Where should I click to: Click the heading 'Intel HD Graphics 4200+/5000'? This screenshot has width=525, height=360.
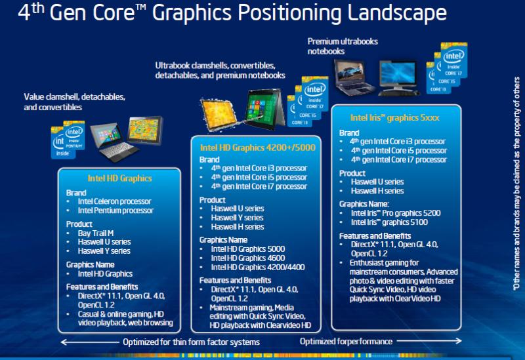258,148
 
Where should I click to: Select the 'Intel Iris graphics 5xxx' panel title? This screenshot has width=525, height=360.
395,118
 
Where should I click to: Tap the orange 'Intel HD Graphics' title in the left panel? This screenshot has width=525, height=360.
119,178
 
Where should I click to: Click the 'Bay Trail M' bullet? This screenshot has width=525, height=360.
96,233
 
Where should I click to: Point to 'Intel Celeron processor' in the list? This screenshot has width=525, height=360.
114,201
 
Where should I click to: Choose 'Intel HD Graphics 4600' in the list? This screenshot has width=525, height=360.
248,258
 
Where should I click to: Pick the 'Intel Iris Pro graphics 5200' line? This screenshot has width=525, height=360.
396,213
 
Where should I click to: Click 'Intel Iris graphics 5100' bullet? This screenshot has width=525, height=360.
389,222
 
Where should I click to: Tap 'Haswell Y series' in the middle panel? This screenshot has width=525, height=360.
237,218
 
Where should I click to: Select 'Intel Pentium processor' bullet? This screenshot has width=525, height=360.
115,210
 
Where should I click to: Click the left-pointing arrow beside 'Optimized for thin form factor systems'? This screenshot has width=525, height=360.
90,342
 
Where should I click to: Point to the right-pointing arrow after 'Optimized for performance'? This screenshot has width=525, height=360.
430,341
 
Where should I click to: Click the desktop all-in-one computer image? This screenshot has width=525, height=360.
398,78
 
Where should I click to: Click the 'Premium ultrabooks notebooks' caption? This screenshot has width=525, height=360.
343,46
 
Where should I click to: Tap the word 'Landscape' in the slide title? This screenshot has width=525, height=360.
397,12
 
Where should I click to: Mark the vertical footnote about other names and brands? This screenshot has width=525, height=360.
517,184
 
